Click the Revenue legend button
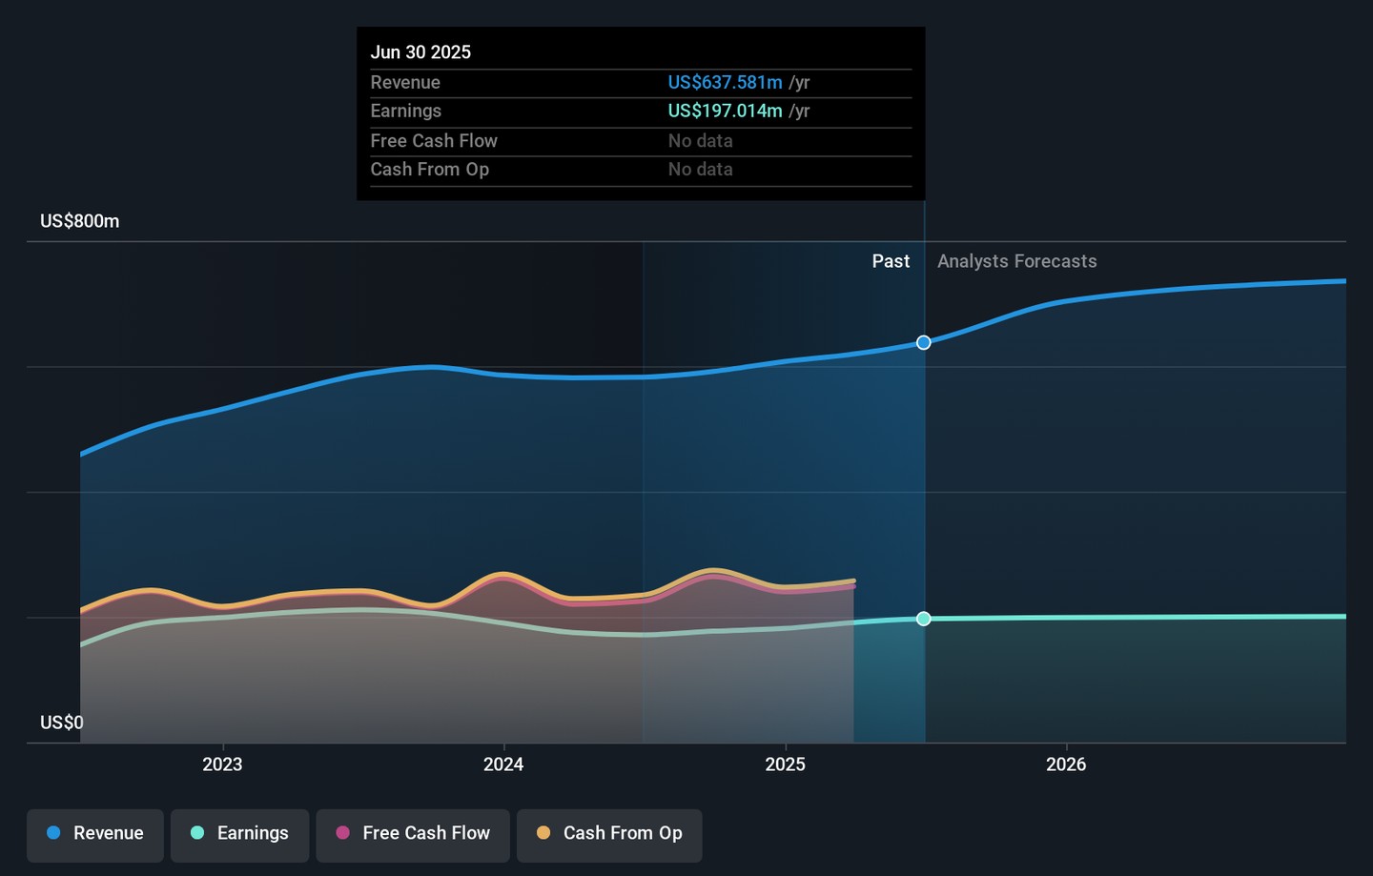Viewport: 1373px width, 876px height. (x=95, y=834)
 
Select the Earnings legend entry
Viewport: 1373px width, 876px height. (x=240, y=834)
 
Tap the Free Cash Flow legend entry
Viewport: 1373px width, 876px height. (x=413, y=834)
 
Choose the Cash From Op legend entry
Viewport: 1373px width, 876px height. (x=609, y=834)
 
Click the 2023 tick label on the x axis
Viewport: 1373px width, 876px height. (x=222, y=764)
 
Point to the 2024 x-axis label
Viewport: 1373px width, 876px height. (x=503, y=764)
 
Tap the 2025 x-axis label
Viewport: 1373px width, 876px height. (x=785, y=764)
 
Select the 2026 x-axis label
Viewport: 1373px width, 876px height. (x=1066, y=764)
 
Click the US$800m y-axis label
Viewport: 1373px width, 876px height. (x=80, y=221)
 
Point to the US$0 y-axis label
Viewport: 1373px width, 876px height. (x=62, y=723)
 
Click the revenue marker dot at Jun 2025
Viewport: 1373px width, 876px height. (x=924, y=342)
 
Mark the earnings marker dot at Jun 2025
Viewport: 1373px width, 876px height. (x=924, y=619)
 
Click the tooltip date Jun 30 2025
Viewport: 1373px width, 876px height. (x=420, y=52)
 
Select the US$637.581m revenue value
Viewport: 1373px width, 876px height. (x=725, y=83)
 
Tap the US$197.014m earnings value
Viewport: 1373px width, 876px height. (x=725, y=112)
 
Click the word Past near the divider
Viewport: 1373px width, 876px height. (x=891, y=261)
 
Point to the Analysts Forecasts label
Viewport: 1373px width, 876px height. (x=1016, y=261)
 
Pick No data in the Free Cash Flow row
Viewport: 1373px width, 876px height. (x=700, y=141)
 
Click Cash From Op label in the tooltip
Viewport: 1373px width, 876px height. (x=429, y=170)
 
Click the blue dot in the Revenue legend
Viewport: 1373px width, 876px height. (x=54, y=833)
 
